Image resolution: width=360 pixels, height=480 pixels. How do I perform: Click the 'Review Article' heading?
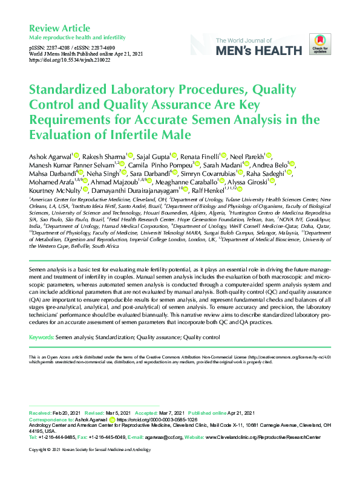(x=59, y=28)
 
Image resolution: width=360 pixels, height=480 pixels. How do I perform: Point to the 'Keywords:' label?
(x=45, y=337)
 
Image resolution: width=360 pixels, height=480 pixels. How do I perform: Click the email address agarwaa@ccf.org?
(x=163, y=436)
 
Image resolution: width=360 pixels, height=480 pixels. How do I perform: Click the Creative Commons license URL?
(x=291, y=358)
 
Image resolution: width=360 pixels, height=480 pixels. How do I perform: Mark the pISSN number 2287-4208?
(x=60, y=47)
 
